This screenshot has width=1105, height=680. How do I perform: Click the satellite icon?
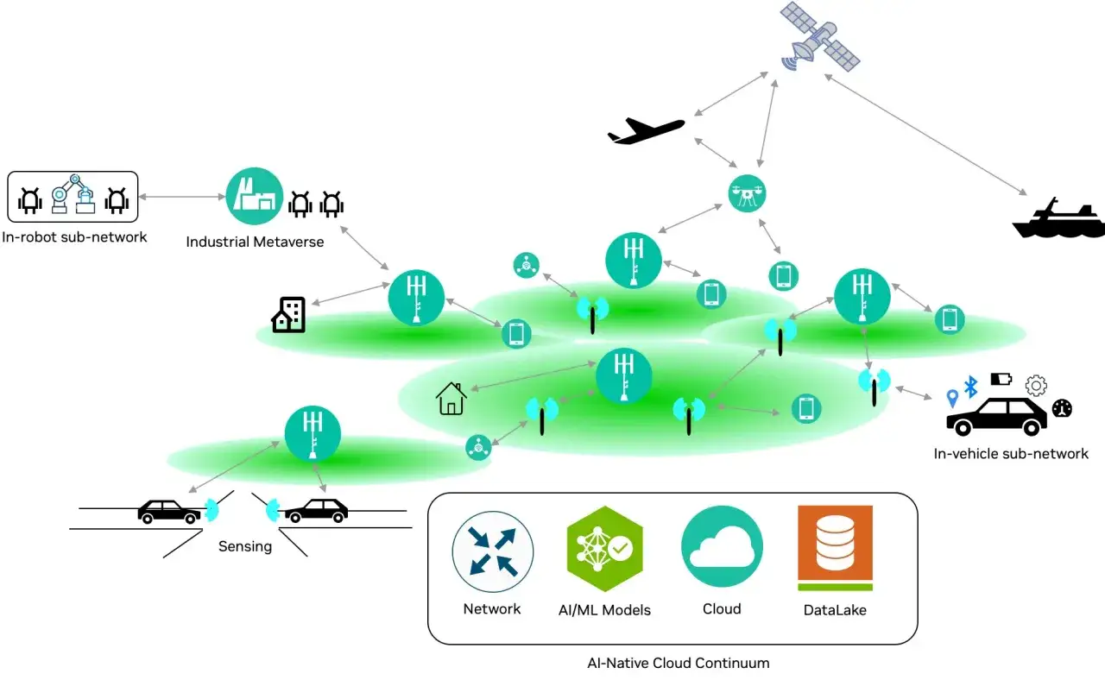[x=820, y=37]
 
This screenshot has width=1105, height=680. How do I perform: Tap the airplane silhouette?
[x=646, y=130]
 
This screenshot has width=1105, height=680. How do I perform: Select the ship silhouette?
[x=1058, y=220]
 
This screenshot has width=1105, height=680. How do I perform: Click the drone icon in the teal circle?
[x=747, y=193]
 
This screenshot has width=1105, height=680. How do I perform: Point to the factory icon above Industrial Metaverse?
[x=255, y=196]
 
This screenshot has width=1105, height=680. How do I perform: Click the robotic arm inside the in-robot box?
[x=73, y=194]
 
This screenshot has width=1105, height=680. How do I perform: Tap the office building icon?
[x=288, y=315]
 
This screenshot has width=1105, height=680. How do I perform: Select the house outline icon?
[x=451, y=399]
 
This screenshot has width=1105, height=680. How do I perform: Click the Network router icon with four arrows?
[x=492, y=551]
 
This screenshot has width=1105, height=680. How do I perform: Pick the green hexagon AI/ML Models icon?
[x=605, y=548]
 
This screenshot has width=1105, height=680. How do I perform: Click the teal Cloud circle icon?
[x=722, y=546]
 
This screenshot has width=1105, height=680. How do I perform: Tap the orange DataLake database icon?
[x=835, y=547]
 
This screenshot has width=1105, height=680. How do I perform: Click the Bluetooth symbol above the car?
[x=971, y=387]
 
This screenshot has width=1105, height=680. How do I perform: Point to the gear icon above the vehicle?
[x=1036, y=386]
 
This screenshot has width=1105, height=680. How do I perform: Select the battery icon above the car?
[x=1001, y=379]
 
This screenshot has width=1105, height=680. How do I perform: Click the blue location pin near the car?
[x=952, y=398]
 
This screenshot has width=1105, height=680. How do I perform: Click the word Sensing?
[x=245, y=546]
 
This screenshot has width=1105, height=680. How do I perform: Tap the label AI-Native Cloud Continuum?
[x=679, y=663]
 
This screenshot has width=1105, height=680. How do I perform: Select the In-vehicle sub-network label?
[x=1011, y=454]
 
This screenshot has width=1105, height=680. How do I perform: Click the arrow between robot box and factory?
[x=182, y=197]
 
